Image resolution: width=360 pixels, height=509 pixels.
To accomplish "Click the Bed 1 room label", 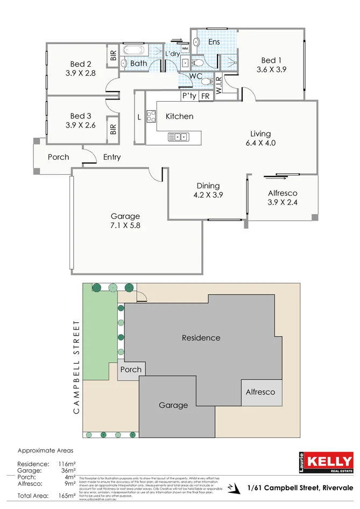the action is click(272, 60).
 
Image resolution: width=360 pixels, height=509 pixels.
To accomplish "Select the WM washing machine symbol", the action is click(185, 49).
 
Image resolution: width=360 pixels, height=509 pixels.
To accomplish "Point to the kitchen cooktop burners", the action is click(151, 117).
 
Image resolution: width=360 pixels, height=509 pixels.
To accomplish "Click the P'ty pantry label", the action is click(189, 96).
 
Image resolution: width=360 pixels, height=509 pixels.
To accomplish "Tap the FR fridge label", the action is click(205, 96).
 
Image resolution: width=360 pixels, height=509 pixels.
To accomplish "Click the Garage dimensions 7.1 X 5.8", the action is click(125, 226).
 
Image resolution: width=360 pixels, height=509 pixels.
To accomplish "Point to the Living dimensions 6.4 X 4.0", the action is click(260, 143).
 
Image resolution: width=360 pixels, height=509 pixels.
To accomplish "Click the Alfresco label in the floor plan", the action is click(282, 193).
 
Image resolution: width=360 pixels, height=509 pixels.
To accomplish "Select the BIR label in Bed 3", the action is click(114, 129).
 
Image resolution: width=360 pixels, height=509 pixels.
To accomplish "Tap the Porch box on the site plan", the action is click(131, 370).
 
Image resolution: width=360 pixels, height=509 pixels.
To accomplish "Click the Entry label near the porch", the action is click(112, 157).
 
